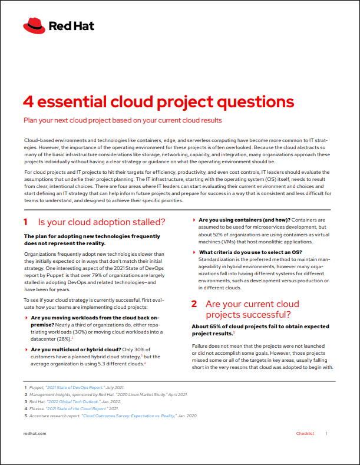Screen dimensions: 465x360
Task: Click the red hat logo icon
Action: pyautogui.click(x=34, y=26)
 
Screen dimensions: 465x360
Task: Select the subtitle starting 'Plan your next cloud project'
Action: pyautogui.click(x=122, y=120)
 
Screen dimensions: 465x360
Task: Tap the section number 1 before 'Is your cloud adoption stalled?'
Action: pyautogui.click(x=26, y=222)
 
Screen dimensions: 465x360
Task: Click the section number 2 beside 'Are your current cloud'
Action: pyautogui.click(x=194, y=304)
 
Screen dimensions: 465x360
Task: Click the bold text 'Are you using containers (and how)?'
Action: pyautogui.click(x=245, y=219)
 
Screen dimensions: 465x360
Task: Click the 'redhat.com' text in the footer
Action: pyautogui.click(x=35, y=433)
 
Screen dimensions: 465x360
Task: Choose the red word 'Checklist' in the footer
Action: pyautogui.click(x=305, y=433)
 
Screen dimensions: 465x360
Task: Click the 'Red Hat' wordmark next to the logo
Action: pyautogui.click(x=71, y=26)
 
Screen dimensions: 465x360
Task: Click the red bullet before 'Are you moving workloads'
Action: pyautogui.click(x=26, y=317)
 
